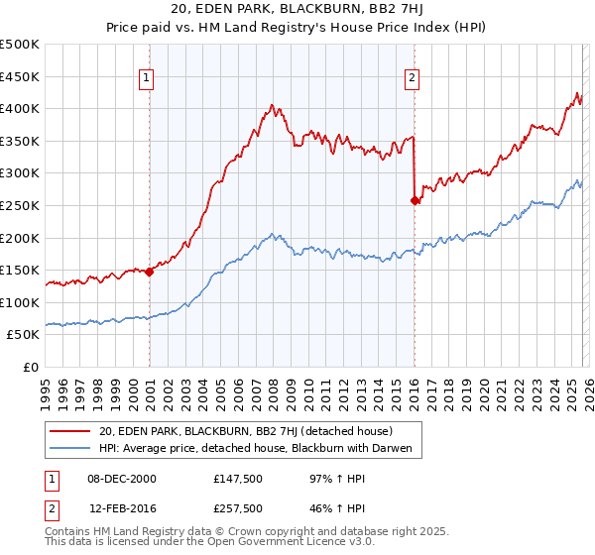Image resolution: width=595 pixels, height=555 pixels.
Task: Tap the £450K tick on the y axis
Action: (20, 76)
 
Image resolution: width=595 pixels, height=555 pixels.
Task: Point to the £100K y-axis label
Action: (20, 302)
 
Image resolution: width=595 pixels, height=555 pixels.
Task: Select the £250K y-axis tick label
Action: (20, 205)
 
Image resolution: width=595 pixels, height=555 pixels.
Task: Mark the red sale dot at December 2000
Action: (150, 272)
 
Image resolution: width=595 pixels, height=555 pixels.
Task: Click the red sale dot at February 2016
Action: (415, 200)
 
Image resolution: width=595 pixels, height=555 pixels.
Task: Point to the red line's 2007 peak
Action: (271, 104)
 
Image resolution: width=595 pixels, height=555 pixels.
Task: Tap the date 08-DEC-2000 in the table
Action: (121, 480)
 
